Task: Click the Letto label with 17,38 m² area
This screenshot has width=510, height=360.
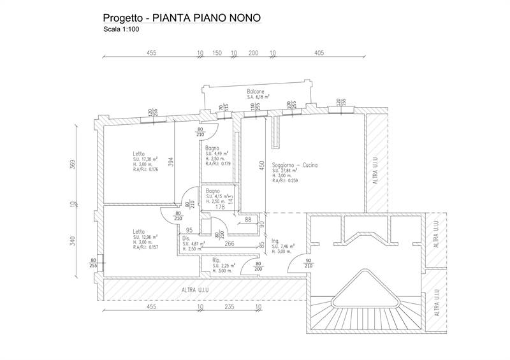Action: [x=138, y=153]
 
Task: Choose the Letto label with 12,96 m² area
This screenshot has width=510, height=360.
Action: [x=138, y=232]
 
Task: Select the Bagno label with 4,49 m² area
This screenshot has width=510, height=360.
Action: [x=212, y=148]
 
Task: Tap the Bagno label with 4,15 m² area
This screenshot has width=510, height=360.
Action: [x=212, y=191]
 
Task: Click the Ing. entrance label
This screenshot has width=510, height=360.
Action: [x=276, y=240]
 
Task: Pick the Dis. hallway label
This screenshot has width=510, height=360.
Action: [x=187, y=238]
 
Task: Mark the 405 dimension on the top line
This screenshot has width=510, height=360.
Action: [x=319, y=53]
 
